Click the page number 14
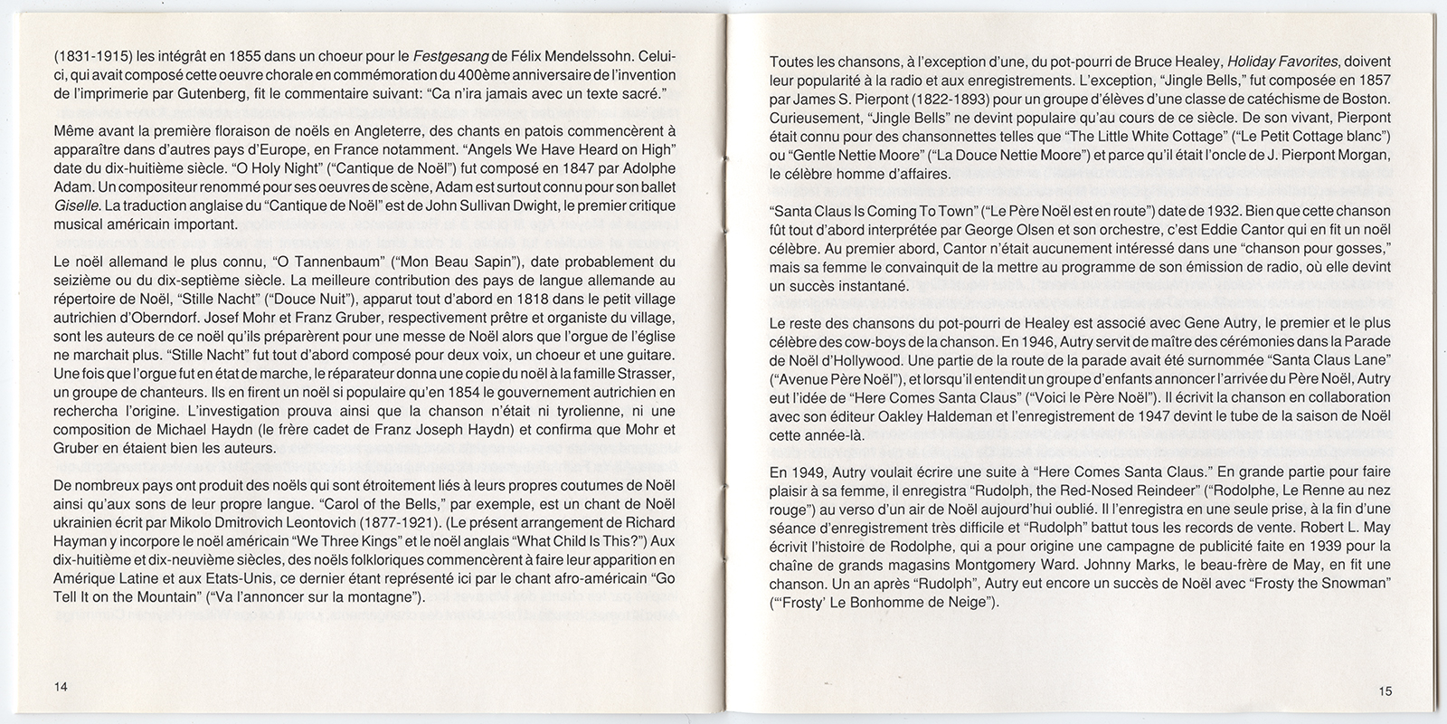[61, 687]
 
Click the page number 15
[1386, 691]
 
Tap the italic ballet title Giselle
[71, 205]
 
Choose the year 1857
[1372, 81]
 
